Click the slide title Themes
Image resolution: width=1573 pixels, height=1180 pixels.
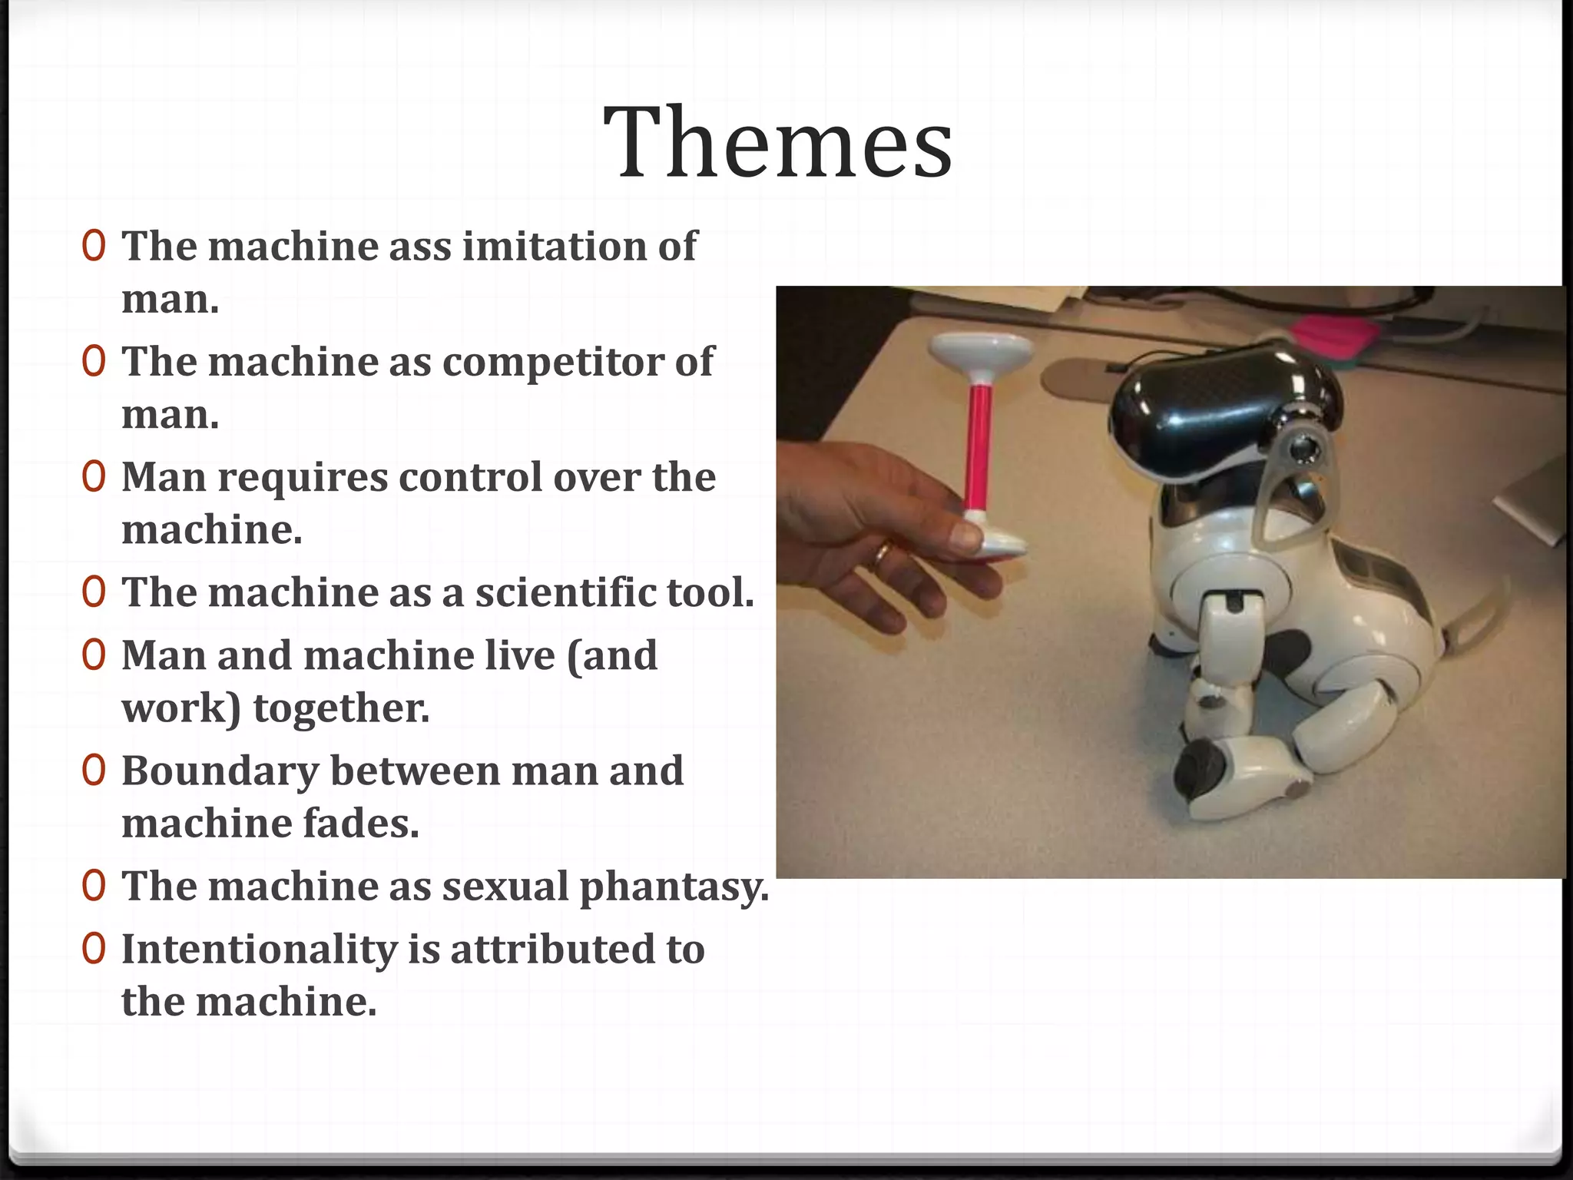coord(777,143)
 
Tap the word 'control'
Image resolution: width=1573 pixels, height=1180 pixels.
coord(471,477)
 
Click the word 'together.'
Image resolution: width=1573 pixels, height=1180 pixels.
coord(341,708)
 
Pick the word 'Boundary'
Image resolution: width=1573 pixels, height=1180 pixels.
coord(220,771)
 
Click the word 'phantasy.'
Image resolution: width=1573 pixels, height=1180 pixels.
coord(674,887)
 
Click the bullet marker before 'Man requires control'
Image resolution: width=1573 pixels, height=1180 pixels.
coord(94,477)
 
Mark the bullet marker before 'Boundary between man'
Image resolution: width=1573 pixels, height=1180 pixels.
coord(94,771)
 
